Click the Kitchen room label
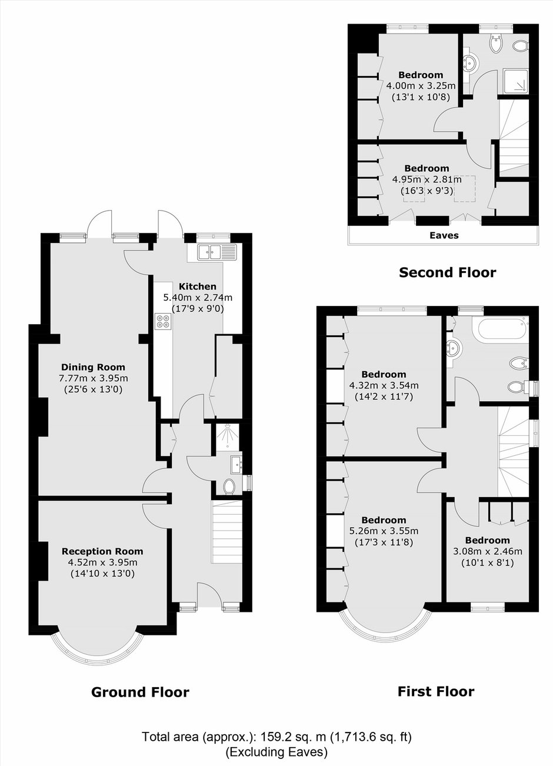(x=198, y=287)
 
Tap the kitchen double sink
(x=217, y=252)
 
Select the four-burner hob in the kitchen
(x=164, y=321)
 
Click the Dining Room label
(x=93, y=367)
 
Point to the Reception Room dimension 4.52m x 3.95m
(x=102, y=562)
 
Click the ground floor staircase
(x=228, y=532)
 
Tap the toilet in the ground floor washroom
(x=228, y=487)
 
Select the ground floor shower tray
(x=228, y=437)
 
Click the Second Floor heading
(x=448, y=272)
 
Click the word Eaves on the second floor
(x=444, y=235)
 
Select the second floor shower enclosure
(x=516, y=81)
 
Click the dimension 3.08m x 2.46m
(x=487, y=551)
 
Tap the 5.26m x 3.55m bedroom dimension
(x=384, y=531)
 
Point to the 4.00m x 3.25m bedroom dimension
(x=421, y=85)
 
